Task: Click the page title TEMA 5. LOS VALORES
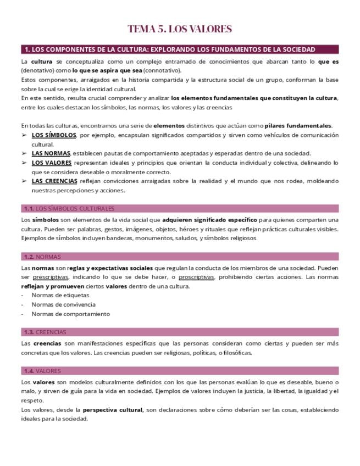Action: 180,29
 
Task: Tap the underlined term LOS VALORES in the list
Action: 52,163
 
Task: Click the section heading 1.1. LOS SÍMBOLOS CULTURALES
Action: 69,208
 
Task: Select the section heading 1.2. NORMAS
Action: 42,257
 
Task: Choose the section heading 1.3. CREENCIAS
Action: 45,332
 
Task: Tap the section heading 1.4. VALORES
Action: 42,371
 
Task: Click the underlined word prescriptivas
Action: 50,277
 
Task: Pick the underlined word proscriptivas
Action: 196,277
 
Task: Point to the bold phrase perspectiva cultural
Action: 113,409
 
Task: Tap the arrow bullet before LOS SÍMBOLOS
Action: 24,135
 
